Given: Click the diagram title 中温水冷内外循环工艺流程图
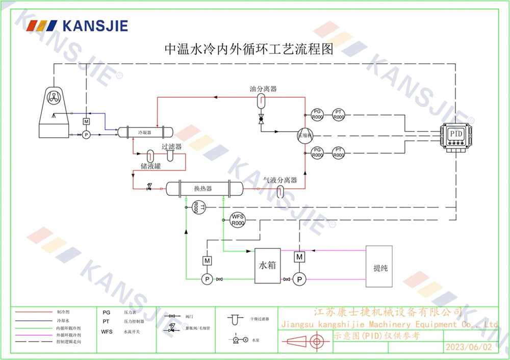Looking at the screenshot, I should [248, 49].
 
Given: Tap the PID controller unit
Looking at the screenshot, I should [455, 135].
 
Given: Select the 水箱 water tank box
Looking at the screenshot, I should [268, 266].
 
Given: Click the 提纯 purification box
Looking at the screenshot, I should [379, 266].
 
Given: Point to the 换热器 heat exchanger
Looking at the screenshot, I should [202, 188].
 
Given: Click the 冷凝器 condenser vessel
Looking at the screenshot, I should [146, 133].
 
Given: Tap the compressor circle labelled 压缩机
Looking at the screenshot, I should [305, 135].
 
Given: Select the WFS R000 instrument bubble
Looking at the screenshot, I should [238, 220].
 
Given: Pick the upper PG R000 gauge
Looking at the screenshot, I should [317, 114].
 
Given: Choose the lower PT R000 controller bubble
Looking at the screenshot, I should [339, 152].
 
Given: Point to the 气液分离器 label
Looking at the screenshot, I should [280, 180].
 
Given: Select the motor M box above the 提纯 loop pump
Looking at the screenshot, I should [299, 257].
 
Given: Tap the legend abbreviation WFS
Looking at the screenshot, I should [107, 331].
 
